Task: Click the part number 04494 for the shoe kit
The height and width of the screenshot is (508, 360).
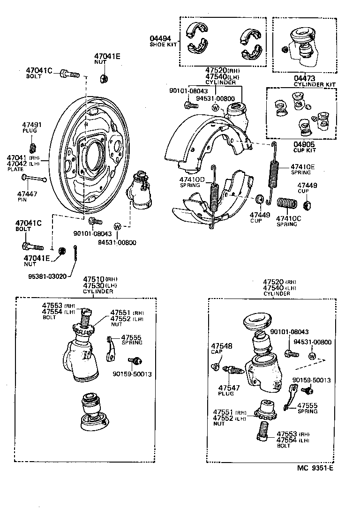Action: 160,38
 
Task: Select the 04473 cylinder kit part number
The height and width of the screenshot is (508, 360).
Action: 304,78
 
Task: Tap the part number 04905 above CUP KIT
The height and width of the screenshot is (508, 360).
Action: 304,144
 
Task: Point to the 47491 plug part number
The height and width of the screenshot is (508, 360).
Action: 32,125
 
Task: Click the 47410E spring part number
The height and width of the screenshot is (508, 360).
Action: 302,166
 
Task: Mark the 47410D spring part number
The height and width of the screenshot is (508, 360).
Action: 192,179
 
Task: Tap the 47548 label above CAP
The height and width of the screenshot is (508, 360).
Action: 222,346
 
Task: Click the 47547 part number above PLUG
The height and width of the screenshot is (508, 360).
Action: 229,388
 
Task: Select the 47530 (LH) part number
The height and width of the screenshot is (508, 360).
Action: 94,285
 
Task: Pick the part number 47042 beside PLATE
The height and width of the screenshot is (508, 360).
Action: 17,164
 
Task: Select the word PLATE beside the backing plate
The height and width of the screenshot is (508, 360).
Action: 15,169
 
